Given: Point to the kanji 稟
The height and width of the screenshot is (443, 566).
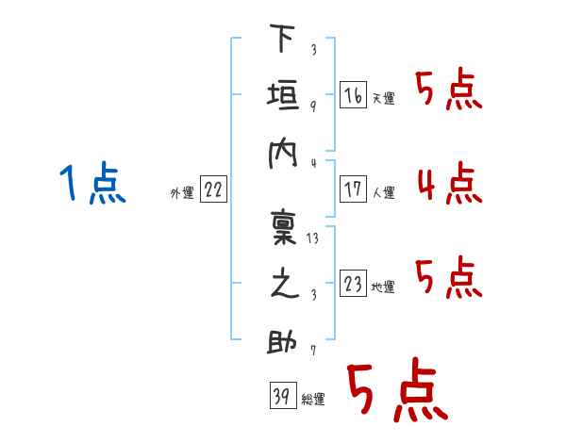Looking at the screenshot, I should point(283,229).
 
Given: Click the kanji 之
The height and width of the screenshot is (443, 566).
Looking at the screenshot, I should point(283,287).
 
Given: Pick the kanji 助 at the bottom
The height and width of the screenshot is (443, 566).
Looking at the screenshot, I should point(283,342).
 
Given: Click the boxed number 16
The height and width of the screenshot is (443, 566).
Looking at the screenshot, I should point(353,95).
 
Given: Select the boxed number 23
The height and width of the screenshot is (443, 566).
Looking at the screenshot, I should point(353,285).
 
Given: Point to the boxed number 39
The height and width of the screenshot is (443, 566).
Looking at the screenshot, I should point(281,396).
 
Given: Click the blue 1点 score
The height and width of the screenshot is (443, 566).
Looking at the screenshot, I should point(92,183).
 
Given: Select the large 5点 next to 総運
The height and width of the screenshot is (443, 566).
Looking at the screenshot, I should point(395,391).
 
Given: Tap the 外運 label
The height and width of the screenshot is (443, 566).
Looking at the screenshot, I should point(181,193).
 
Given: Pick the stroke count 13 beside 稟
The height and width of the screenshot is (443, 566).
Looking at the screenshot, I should point(313,238).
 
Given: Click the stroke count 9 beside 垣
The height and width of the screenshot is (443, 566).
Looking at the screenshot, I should point(312,106).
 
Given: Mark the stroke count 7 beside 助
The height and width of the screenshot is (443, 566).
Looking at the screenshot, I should point(312,352).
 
